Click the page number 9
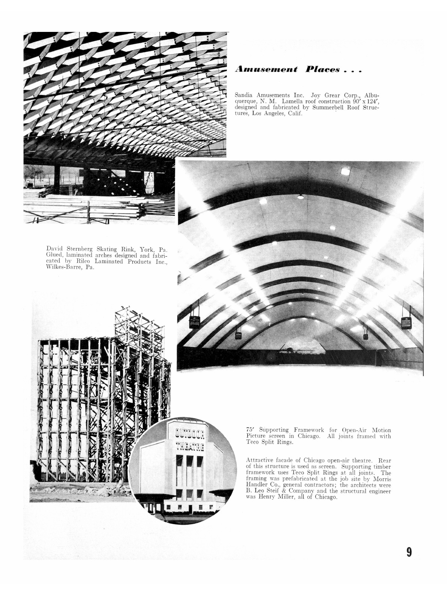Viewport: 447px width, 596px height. point(409,552)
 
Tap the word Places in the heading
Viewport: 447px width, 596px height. point(323,69)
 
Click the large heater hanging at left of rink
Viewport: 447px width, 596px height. point(194,322)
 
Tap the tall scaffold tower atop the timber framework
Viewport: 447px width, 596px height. point(139,323)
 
